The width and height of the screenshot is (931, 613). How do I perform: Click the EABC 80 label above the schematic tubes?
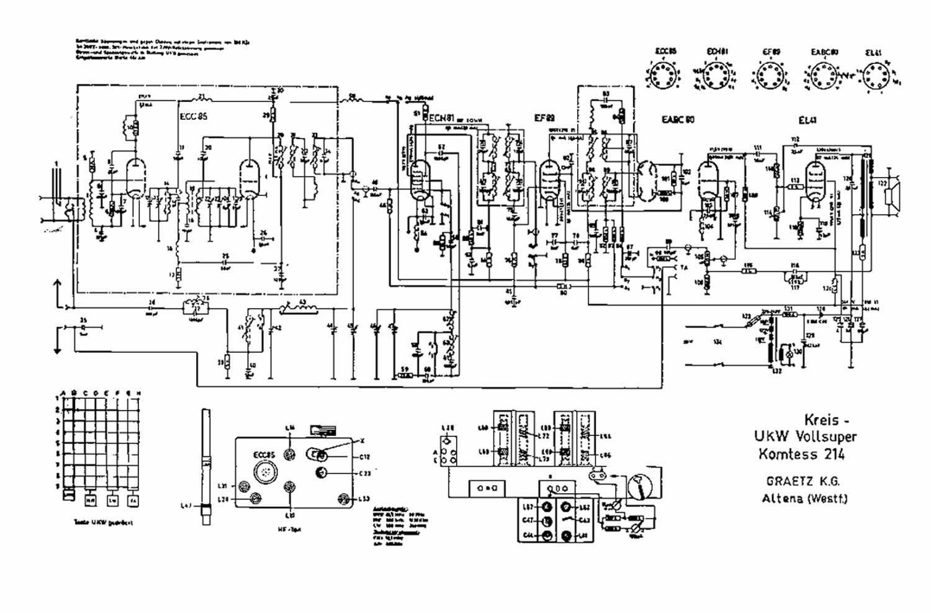tap(677, 119)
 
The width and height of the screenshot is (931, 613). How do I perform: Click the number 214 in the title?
tap(832, 454)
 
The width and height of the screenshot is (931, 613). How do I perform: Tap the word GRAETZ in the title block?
tap(785, 482)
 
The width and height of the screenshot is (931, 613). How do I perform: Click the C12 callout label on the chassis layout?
tap(365, 457)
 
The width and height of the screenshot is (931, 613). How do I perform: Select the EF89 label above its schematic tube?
tap(544, 116)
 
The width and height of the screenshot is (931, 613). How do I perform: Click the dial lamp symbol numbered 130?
tap(789, 352)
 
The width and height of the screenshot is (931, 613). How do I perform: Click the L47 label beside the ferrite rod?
tap(186, 506)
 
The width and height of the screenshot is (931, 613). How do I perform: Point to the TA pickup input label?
tap(684, 267)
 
